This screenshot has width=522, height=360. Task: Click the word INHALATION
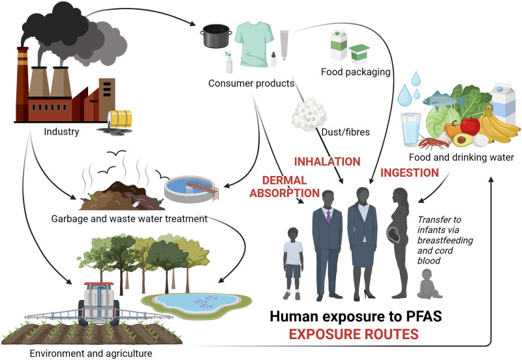[x=327, y=161]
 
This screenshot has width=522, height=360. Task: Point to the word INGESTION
[x=409, y=173]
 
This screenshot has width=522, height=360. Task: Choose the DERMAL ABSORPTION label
[x=290, y=186]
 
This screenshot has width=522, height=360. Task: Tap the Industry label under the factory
[x=61, y=132]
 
